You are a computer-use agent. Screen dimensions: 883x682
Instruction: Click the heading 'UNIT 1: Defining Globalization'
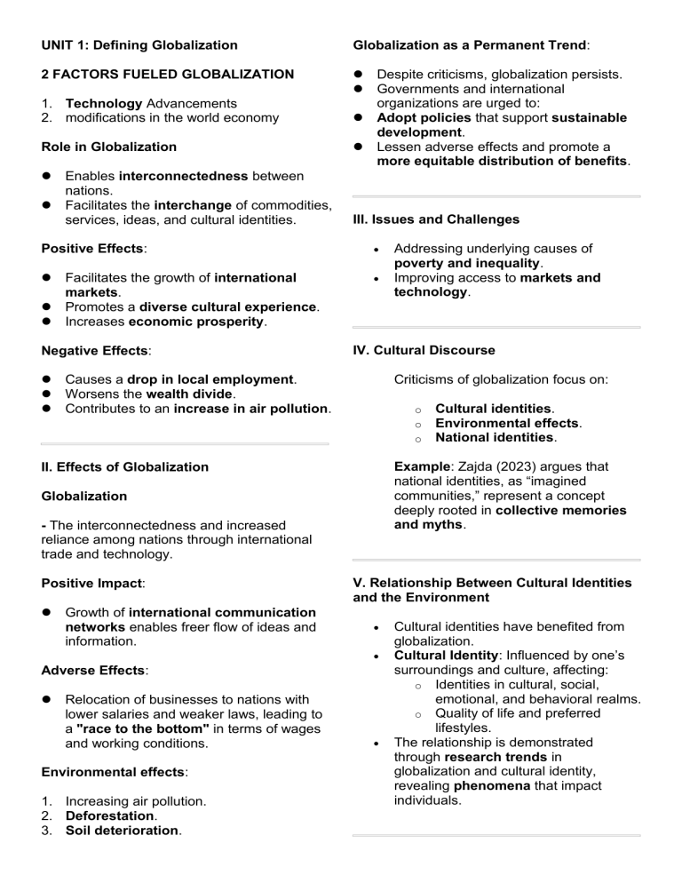point(139,44)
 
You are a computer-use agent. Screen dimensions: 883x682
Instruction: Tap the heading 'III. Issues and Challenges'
point(436,219)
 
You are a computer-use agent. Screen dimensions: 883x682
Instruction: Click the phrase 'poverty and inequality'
point(467,263)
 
